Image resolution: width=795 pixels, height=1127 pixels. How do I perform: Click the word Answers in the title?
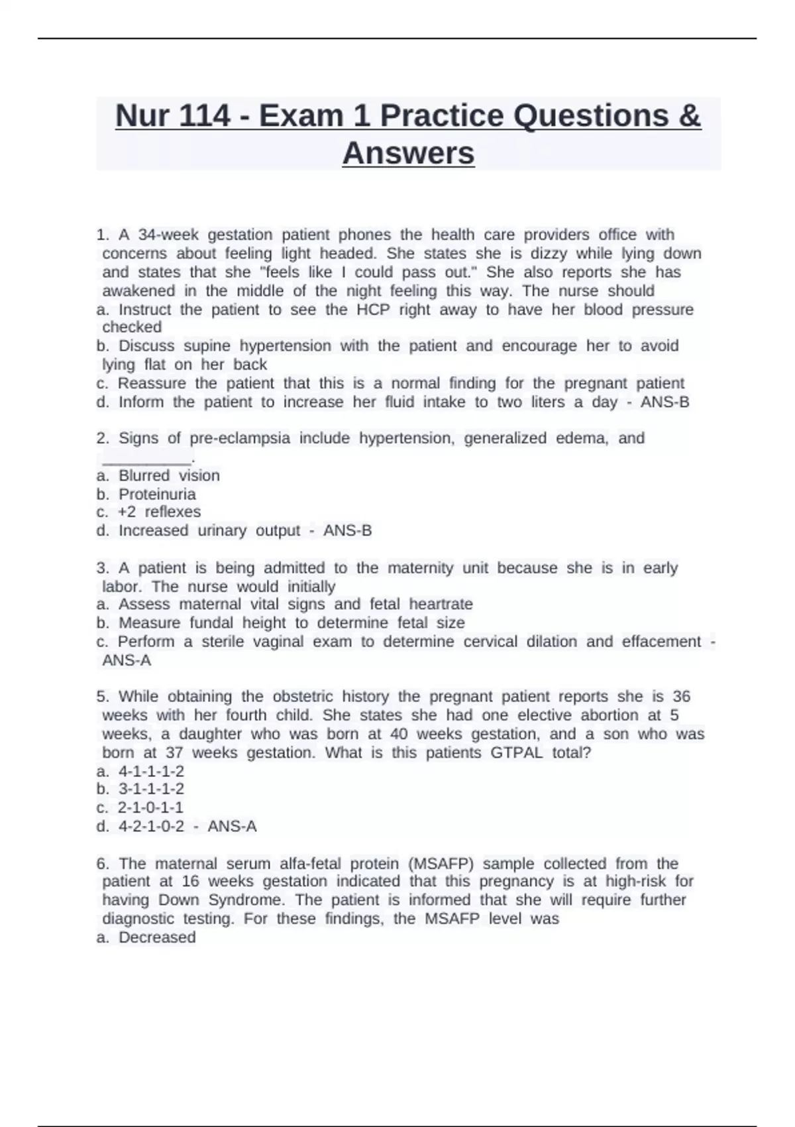[408, 153]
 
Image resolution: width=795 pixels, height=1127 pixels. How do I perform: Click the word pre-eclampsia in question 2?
[240, 438]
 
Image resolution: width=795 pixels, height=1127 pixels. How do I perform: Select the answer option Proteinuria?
[157, 495]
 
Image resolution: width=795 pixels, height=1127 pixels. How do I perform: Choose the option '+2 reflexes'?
[159, 512]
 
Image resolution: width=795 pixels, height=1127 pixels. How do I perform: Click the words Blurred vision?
[169, 476]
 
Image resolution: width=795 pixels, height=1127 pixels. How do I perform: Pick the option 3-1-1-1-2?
[151, 789]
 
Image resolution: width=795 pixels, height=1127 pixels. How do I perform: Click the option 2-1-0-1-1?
[150, 807]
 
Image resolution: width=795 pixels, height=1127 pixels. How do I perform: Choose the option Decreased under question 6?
[157, 937]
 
